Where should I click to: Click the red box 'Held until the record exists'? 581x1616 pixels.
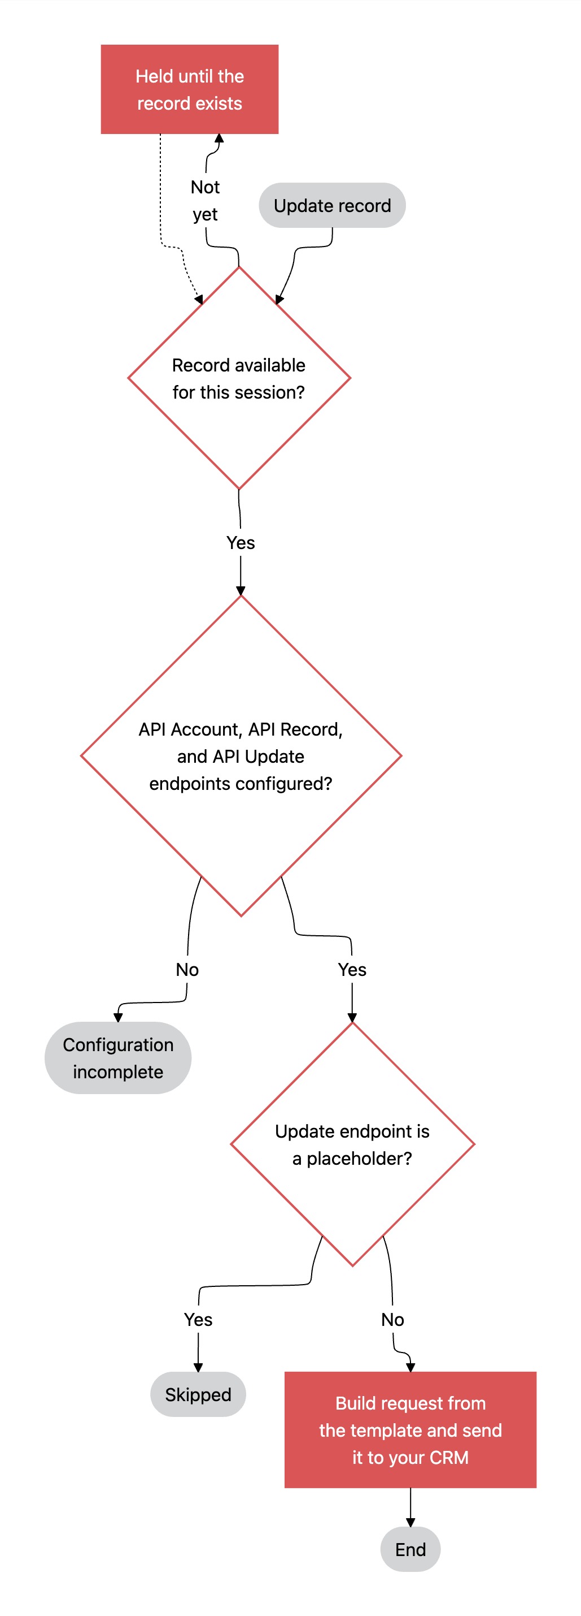(x=189, y=89)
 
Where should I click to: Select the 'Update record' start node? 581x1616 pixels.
(x=332, y=205)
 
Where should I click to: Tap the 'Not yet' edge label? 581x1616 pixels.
(x=205, y=201)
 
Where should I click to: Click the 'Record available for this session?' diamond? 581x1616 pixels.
(x=239, y=378)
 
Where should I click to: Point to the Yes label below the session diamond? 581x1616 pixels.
(x=241, y=543)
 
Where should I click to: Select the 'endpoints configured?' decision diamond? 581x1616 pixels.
(x=241, y=756)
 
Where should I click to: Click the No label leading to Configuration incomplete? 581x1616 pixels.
(x=187, y=970)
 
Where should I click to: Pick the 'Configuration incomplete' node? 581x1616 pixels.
(x=118, y=1058)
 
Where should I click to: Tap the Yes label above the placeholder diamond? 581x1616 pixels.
(x=352, y=970)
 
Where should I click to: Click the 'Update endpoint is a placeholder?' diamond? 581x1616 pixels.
(x=352, y=1144)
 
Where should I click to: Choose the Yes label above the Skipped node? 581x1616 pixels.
(x=198, y=1320)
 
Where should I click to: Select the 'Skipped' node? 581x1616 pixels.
(x=198, y=1394)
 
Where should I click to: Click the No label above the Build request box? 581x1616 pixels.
(x=393, y=1320)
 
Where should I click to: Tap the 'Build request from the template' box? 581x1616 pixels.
(x=410, y=1429)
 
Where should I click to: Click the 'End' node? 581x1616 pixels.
(x=410, y=1549)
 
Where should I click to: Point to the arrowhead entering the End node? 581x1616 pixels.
(x=410, y=1523)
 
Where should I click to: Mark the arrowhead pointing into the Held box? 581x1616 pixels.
(x=220, y=138)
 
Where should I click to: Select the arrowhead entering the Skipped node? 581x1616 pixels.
(x=198, y=1368)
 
